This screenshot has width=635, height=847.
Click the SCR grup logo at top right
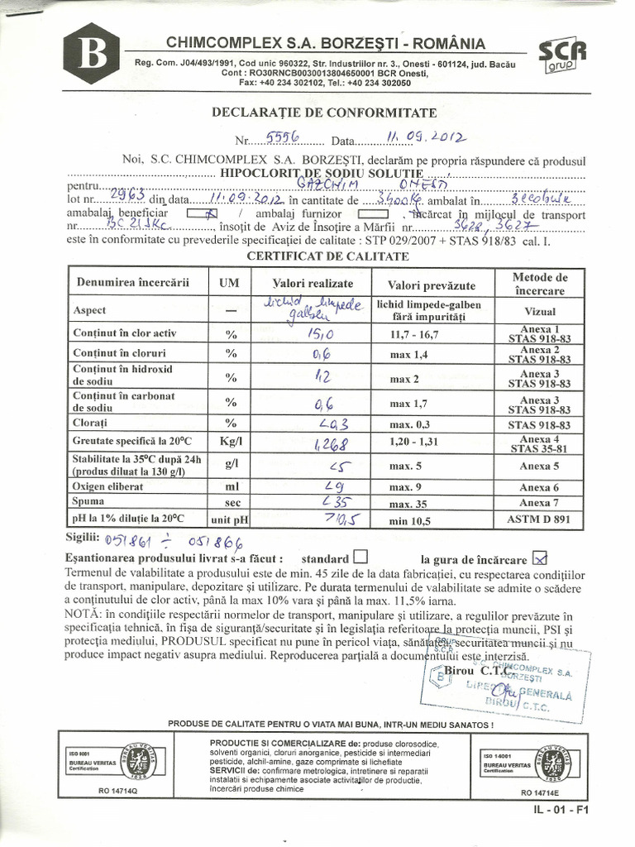coord(563,57)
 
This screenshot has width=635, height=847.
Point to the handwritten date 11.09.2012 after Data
coord(426,138)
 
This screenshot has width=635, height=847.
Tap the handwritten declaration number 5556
coord(281,138)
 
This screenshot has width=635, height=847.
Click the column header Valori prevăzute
coord(426,285)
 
